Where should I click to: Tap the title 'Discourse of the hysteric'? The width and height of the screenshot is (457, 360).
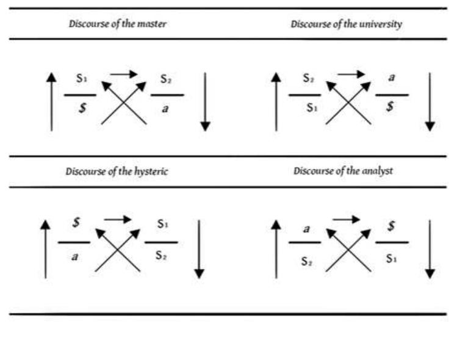coord(117,171)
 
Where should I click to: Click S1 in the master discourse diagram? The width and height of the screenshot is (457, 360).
coord(82,79)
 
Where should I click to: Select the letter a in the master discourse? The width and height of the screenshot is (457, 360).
coord(166,108)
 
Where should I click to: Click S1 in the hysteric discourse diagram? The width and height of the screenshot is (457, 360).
coord(162,225)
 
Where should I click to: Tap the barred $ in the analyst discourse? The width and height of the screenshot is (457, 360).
coord(392,226)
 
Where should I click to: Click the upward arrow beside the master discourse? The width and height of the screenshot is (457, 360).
coord(51,102)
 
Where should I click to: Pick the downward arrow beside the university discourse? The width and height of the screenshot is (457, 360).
coord(430,102)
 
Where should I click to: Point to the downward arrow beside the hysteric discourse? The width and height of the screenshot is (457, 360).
coord(199,250)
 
